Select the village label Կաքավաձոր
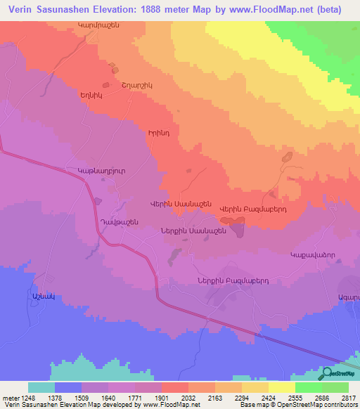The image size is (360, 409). pos(312,257)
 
